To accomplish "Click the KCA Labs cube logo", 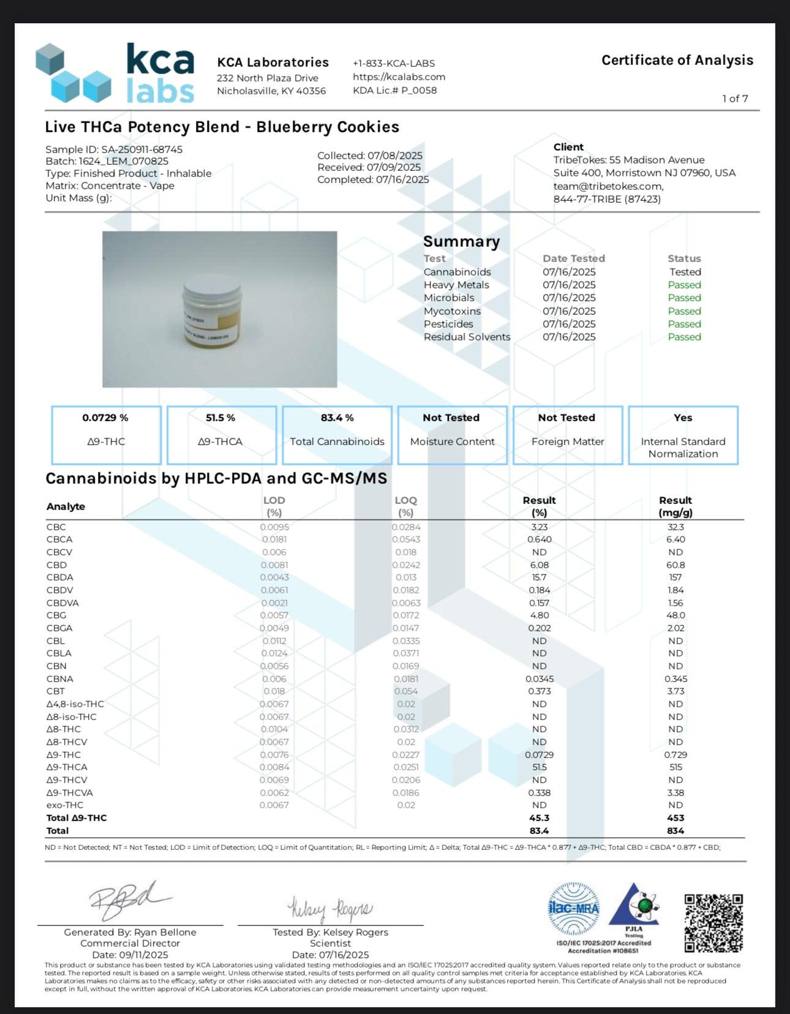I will [x=72, y=73].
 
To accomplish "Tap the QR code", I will [x=713, y=923].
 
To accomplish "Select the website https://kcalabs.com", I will [x=399, y=77].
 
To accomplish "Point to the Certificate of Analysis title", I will [x=677, y=60].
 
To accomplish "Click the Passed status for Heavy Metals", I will [x=684, y=285].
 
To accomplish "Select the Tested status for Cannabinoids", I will [x=685, y=272].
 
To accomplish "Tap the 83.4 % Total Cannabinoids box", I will [x=337, y=435].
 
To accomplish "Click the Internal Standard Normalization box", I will [x=683, y=435].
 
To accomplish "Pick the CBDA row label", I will [x=60, y=577].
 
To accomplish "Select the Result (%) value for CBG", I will [x=539, y=615].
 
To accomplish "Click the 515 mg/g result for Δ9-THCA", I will [x=675, y=767].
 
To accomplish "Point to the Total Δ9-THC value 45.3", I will [x=539, y=818].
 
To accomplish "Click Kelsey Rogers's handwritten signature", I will [x=329, y=909].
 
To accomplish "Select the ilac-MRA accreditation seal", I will [x=573, y=907].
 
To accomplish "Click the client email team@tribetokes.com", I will [x=608, y=186].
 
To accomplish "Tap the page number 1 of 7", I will [x=735, y=99].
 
